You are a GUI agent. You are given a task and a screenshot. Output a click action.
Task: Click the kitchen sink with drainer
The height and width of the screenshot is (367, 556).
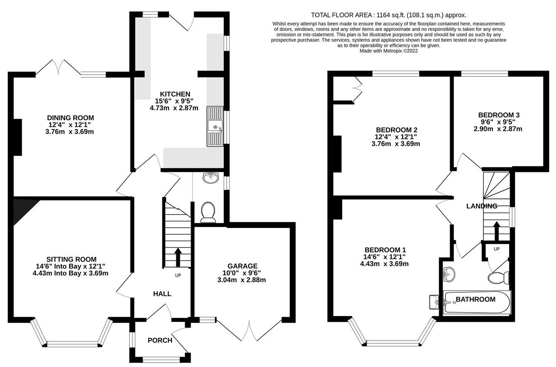(x=215, y=126)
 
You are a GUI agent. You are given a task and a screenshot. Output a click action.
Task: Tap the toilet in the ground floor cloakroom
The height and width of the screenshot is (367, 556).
(x=208, y=212)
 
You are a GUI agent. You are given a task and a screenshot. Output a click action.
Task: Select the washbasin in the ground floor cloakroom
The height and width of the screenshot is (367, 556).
(x=211, y=178)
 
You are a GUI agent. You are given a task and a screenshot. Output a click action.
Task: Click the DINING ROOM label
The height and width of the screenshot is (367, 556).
(x=70, y=118)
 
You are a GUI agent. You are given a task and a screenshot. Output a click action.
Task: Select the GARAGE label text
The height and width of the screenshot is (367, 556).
(x=242, y=266)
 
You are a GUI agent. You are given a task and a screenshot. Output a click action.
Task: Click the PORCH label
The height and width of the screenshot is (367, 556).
(x=160, y=341)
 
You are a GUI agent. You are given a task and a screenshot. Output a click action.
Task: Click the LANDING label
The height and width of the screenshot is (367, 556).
(x=482, y=206)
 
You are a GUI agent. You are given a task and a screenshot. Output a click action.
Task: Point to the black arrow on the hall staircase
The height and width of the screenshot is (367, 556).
(x=178, y=257)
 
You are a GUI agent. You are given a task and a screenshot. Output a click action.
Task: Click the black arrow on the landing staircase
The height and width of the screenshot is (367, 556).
(x=496, y=231)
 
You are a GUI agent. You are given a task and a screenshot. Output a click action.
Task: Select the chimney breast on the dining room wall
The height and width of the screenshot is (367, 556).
(x=18, y=137)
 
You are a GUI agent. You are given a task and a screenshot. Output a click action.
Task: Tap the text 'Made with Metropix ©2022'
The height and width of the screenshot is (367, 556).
(x=388, y=51)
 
